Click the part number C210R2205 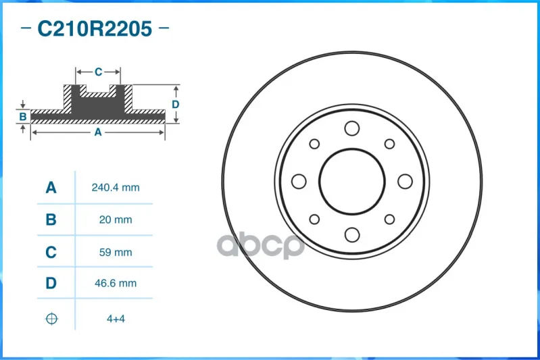95,28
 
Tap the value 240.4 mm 116,188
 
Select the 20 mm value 116,220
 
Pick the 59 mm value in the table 116,253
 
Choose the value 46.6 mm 116,283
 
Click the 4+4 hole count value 116,319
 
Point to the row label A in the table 51,188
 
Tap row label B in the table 51,220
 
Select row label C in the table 51,253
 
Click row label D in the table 51,283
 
